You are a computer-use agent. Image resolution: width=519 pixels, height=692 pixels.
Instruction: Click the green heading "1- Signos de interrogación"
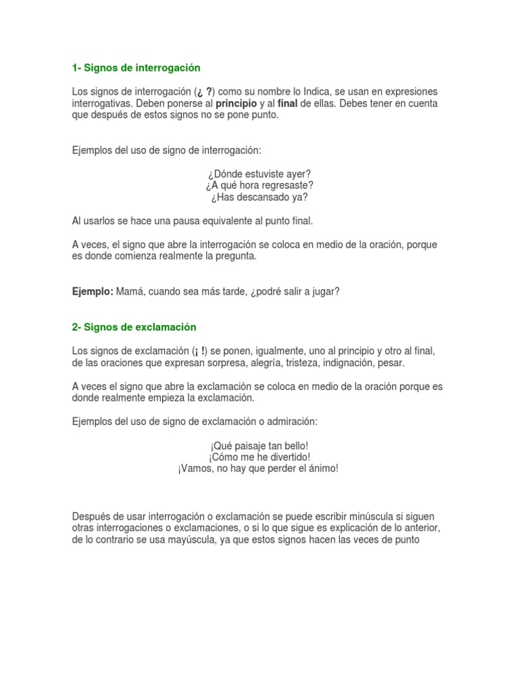[x=137, y=68]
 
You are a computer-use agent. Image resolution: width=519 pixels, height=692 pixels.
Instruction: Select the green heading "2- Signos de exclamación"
[x=134, y=327]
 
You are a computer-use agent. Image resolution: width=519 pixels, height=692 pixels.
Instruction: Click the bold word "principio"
[x=236, y=103]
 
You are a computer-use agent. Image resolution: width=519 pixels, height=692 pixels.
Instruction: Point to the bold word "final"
[x=287, y=103]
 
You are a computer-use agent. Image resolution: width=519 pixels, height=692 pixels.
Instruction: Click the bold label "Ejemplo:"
[x=93, y=291]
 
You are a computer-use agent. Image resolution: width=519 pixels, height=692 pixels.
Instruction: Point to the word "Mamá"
[x=130, y=291]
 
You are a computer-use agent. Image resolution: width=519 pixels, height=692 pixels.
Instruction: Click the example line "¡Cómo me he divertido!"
[x=259, y=457]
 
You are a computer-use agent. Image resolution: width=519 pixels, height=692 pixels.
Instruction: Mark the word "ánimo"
[x=322, y=469]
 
